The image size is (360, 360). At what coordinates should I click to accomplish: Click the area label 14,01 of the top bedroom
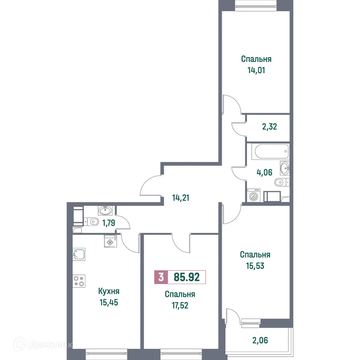click(x=256, y=70)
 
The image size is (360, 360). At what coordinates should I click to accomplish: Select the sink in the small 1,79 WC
click(x=105, y=210)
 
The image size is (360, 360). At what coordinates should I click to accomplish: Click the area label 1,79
click(x=108, y=222)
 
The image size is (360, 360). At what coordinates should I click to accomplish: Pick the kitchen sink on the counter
click(x=79, y=254)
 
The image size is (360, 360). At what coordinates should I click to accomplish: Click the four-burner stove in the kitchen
click(x=79, y=281)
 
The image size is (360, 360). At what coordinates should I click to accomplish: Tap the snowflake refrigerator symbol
click(x=109, y=242)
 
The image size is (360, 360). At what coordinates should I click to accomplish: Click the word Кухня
click(x=108, y=291)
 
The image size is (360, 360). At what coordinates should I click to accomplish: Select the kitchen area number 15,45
click(x=108, y=302)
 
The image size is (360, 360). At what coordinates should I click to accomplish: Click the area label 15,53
click(x=255, y=266)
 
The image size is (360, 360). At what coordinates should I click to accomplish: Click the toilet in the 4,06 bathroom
click(x=281, y=183)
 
